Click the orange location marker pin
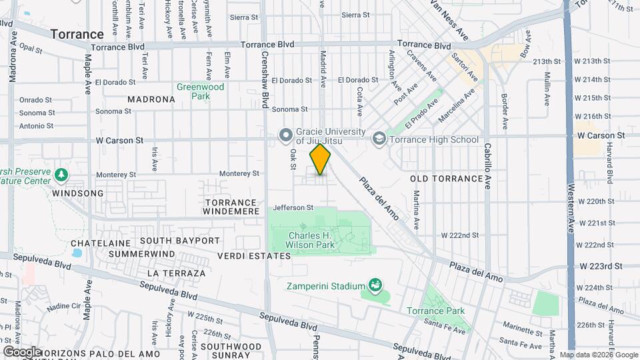pos(320,159)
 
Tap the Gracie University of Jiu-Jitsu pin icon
pos(286,136)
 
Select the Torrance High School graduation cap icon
pos(379,139)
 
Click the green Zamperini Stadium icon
pos(375,287)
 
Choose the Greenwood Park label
pos(200,91)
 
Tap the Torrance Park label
pos(436,311)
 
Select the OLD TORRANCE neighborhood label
pos(446,179)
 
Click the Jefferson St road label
pos(293,207)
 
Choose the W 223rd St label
pos(601,265)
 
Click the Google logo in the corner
pos(22,351)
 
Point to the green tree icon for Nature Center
pos(61,175)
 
